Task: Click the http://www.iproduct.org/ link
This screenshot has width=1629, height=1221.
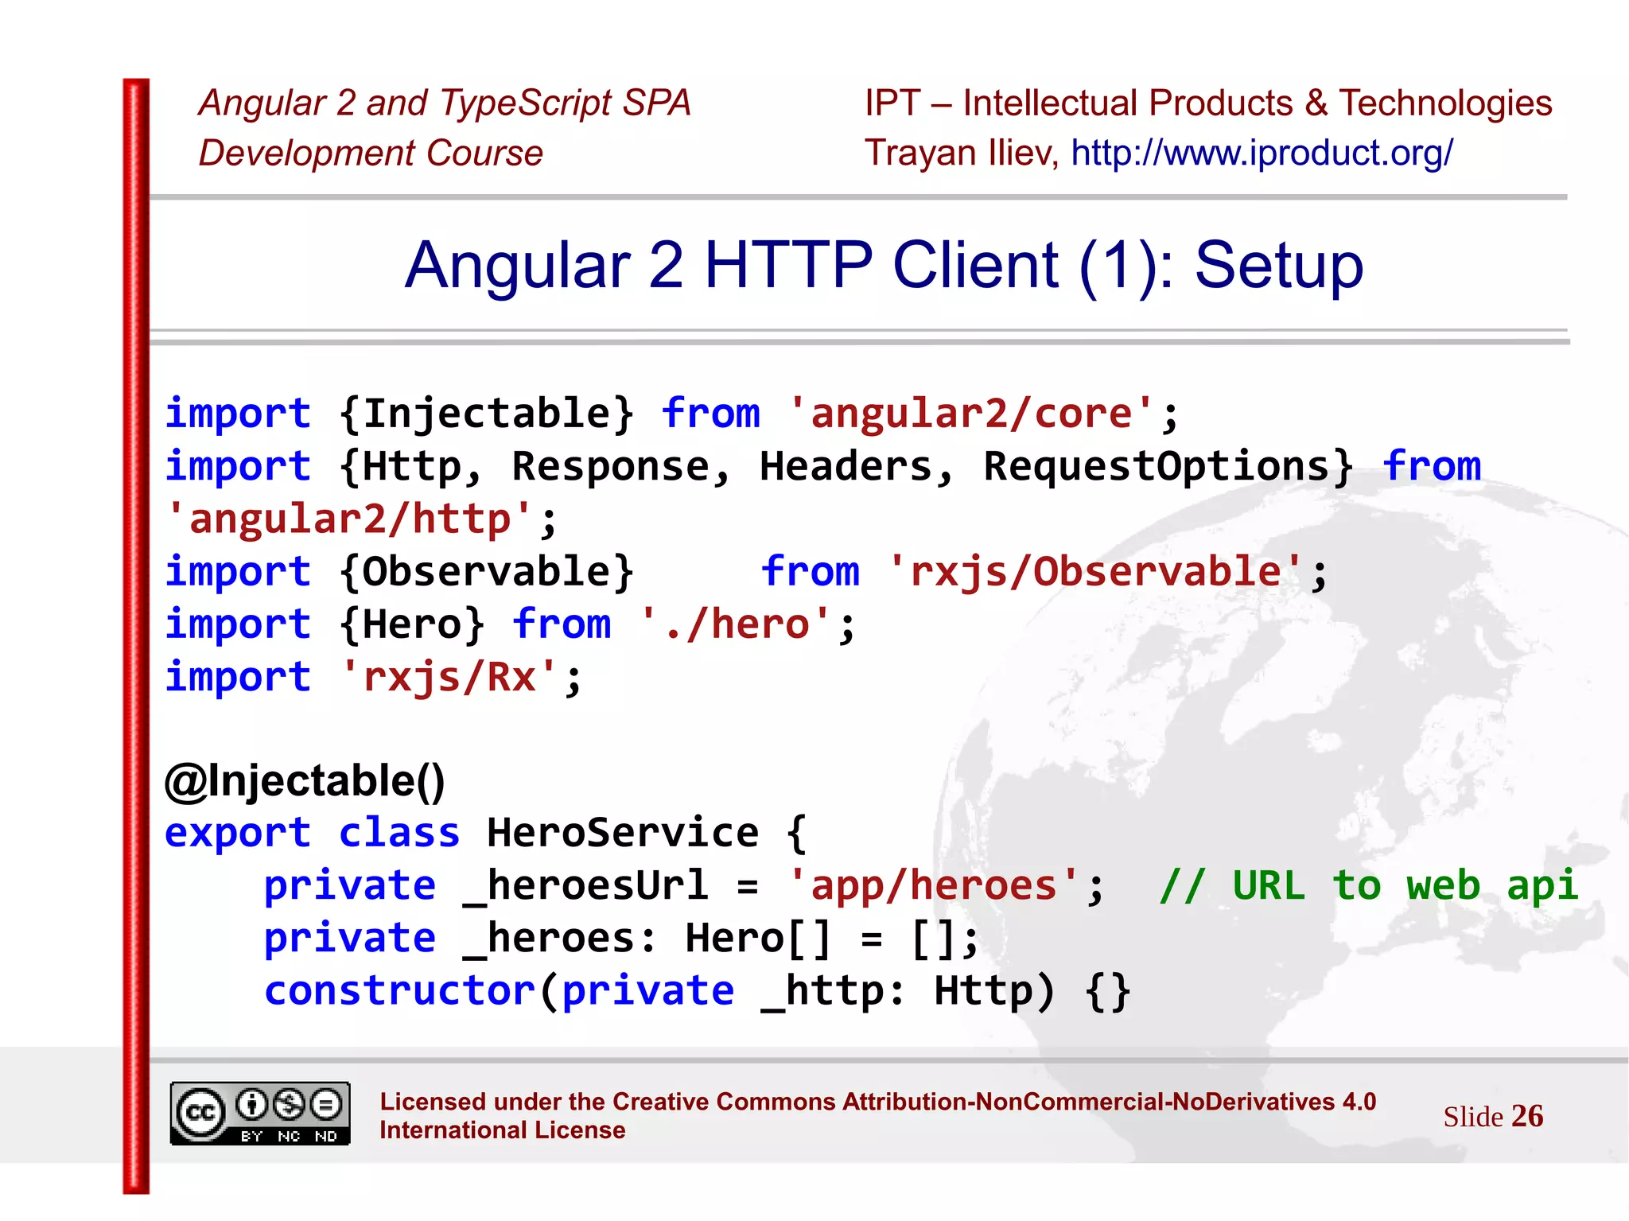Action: [1262, 153]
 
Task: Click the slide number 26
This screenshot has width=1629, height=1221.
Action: [1527, 1116]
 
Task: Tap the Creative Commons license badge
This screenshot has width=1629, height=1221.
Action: [260, 1113]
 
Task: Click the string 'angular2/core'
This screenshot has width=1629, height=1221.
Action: [970, 414]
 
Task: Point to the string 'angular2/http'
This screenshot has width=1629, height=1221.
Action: [350, 519]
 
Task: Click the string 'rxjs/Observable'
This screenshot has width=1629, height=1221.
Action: [1095, 572]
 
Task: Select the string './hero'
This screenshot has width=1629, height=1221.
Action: [735, 624]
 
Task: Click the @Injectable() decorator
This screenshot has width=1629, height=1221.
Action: [305, 780]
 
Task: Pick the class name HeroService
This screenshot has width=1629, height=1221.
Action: [623, 833]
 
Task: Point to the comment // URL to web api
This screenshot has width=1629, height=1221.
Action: [1368, 885]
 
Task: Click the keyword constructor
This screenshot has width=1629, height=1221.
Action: [400, 991]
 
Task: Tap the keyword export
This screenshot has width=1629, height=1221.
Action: [237, 833]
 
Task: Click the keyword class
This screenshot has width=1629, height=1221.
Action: [399, 833]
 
